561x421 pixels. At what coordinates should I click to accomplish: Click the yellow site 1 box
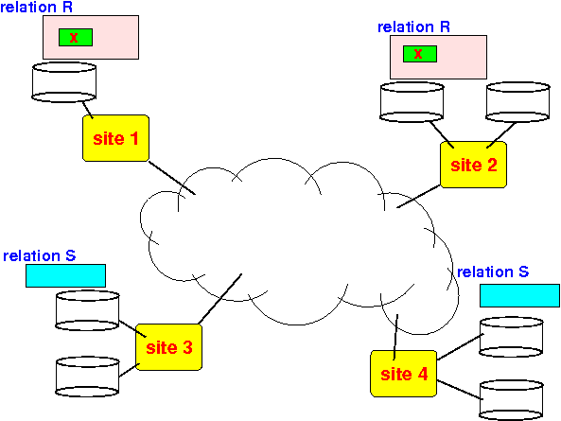tap(116, 138)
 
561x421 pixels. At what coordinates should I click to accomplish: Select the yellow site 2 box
tap(473, 165)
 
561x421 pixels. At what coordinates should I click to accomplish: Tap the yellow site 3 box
tap(169, 347)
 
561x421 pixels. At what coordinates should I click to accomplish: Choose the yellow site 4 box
tap(404, 374)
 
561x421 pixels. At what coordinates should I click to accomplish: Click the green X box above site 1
tap(76, 37)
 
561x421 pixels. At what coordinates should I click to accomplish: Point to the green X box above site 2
tap(420, 54)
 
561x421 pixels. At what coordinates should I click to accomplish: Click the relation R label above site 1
tap(37, 8)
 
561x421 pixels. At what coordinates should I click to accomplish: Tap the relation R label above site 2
tap(414, 27)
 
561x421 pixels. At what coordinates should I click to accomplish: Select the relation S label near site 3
tap(40, 255)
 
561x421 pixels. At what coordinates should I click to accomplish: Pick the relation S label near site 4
tap(493, 272)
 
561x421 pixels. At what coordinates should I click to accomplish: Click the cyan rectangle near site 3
tap(66, 275)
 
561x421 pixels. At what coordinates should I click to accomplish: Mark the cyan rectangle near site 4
tap(519, 295)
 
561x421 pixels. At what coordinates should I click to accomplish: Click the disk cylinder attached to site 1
tap(64, 82)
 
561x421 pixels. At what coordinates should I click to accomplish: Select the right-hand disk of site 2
tap(517, 102)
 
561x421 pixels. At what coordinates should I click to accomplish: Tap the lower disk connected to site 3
tap(87, 377)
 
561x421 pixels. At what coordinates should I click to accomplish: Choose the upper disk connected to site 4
tap(511, 337)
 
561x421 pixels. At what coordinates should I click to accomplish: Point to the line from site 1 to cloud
tap(172, 178)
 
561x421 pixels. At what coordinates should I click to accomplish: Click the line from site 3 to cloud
tap(220, 299)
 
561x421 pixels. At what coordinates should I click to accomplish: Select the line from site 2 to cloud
tap(418, 196)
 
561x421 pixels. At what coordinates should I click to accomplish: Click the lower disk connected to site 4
tap(511, 400)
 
